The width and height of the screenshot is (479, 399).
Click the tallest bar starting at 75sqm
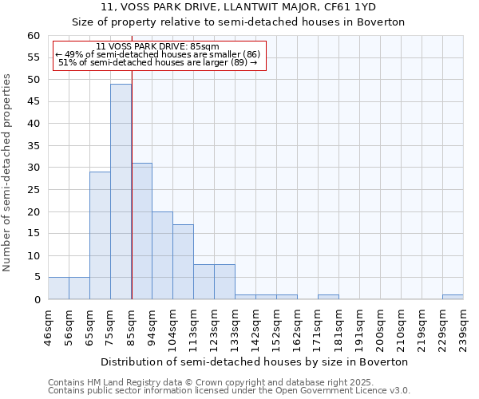(121, 192)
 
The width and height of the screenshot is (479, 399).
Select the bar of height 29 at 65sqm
(100, 235)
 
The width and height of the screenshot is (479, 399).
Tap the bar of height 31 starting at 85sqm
(141, 231)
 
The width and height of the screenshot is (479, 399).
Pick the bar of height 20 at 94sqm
(162, 255)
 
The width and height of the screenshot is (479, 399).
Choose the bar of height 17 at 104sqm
(183, 262)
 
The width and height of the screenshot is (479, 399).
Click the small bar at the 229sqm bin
(453, 297)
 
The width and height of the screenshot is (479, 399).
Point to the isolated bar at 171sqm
(328, 297)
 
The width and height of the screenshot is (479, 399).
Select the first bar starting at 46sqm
(58, 288)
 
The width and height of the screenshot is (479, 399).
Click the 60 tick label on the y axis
(34, 36)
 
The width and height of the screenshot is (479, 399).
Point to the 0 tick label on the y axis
(37, 300)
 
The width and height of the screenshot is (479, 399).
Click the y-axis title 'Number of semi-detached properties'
(8, 172)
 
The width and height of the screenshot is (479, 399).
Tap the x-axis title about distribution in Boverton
(255, 361)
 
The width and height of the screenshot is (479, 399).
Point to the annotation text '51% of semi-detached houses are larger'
(157, 62)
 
